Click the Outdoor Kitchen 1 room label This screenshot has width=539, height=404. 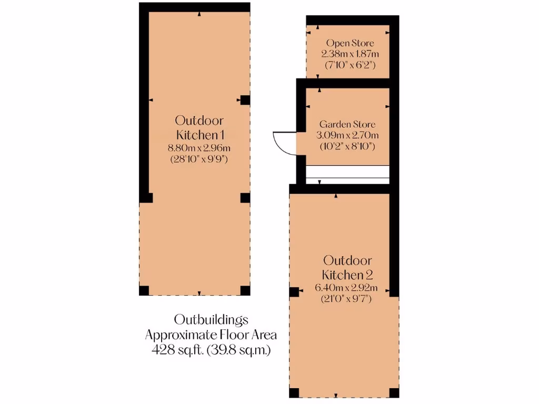[199, 126]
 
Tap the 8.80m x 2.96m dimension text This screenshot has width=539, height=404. [199, 148]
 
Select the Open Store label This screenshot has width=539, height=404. [350, 43]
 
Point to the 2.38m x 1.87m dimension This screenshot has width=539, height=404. [351, 54]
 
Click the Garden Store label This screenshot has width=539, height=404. [347, 125]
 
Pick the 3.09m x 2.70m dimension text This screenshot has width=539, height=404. [347, 135]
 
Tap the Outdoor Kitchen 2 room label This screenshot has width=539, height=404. [347, 267]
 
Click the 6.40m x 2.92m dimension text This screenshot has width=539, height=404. [347, 288]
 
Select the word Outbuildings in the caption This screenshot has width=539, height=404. [211, 319]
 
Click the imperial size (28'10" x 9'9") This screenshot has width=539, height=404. [199, 159]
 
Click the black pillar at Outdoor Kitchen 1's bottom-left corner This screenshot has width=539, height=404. [144, 290]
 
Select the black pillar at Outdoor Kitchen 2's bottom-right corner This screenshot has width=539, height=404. [393, 392]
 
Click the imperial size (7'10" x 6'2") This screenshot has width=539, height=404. [351, 65]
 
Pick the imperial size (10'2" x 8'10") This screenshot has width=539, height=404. [347, 146]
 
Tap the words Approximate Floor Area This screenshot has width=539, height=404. [211, 335]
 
